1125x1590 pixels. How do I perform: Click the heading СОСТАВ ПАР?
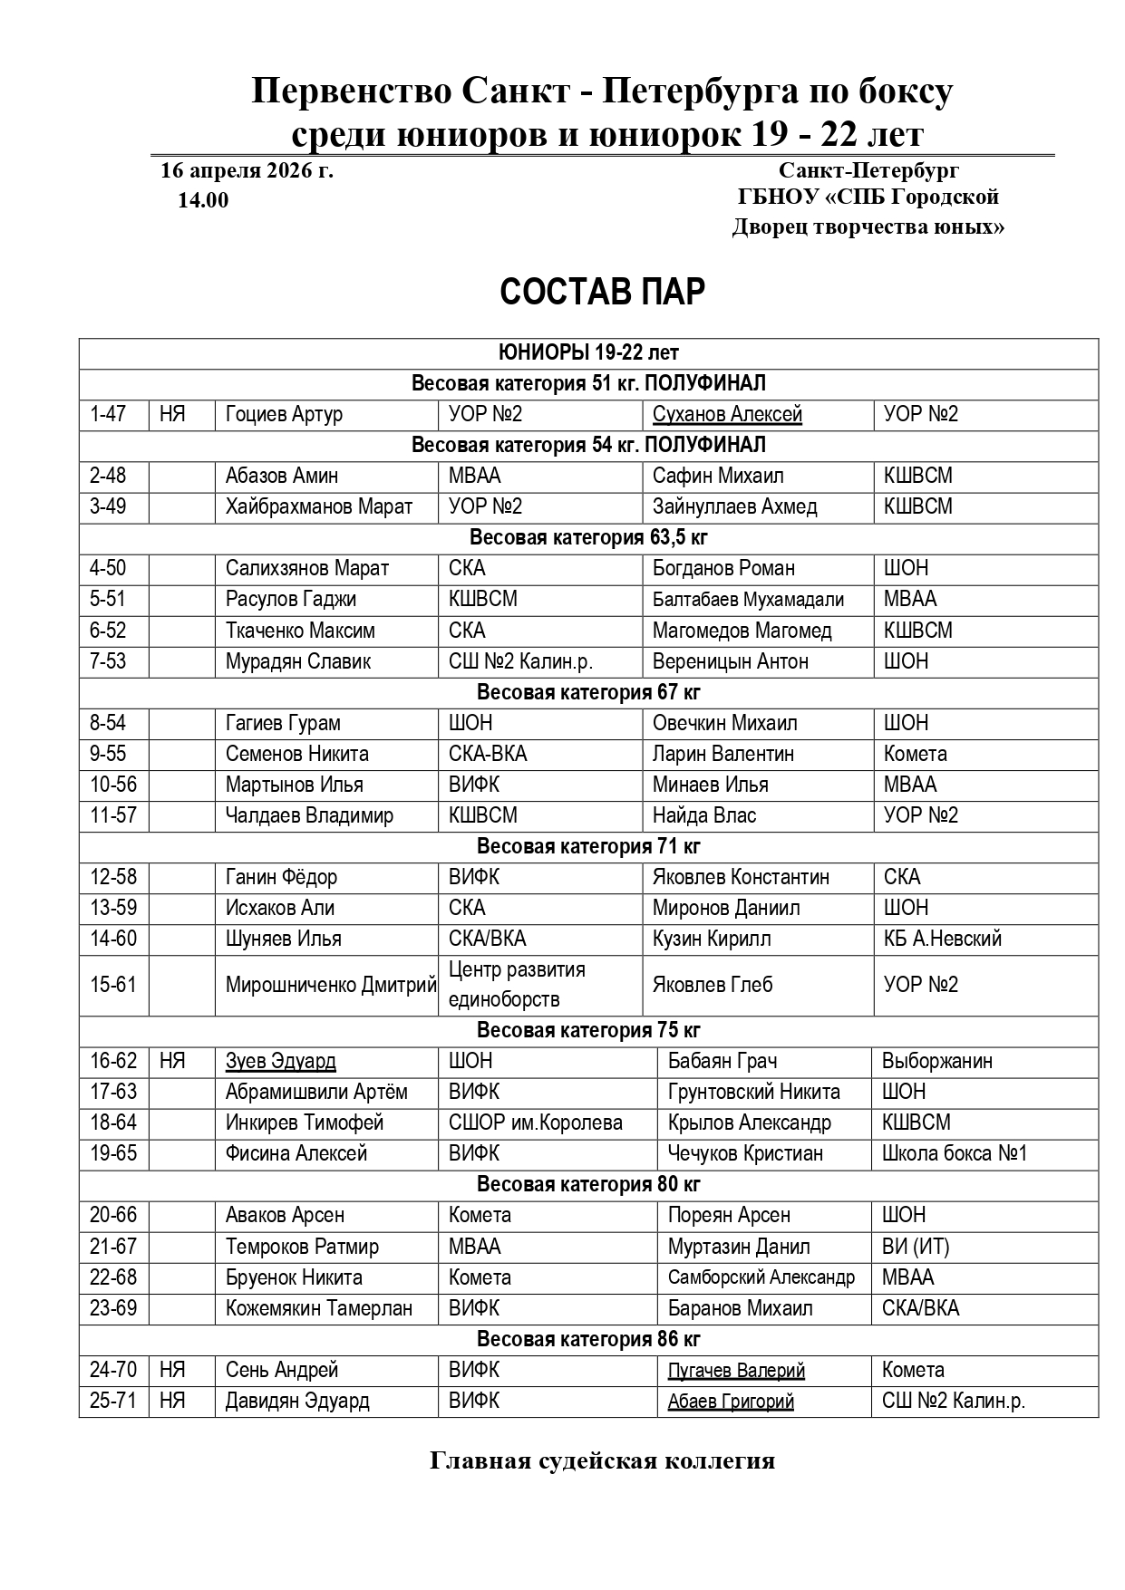pyautogui.click(x=602, y=293)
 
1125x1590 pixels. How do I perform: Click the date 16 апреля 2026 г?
pyautogui.click(x=247, y=170)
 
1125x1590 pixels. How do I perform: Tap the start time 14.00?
pyautogui.click(x=203, y=200)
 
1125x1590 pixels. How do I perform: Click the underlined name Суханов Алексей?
pyautogui.click(x=727, y=414)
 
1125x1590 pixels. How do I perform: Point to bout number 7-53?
pyautogui.click(x=108, y=661)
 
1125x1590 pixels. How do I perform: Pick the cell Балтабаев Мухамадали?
pyautogui.click(x=748, y=600)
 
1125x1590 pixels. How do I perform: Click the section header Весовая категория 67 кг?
pyautogui.click(x=588, y=692)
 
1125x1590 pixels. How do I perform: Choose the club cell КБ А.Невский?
pyautogui.click(x=943, y=939)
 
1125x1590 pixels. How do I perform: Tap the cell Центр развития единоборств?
pyautogui.click(x=517, y=985)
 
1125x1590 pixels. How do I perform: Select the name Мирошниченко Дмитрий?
pyautogui.click(x=331, y=985)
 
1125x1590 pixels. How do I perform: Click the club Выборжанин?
pyautogui.click(x=936, y=1061)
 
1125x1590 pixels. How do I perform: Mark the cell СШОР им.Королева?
pyautogui.click(x=535, y=1123)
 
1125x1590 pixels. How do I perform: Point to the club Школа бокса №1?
pyautogui.click(x=955, y=1153)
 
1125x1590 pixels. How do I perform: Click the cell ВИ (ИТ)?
pyautogui.click(x=916, y=1247)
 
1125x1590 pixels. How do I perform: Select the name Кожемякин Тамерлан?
pyautogui.click(x=318, y=1308)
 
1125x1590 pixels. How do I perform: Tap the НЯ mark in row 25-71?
pyautogui.click(x=172, y=1401)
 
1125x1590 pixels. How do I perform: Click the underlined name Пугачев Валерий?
pyautogui.click(x=736, y=1370)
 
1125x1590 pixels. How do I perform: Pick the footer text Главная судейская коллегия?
pyautogui.click(x=602, y=1461)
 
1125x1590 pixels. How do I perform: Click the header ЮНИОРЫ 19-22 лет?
pyautogui.click(x=588, y=352)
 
